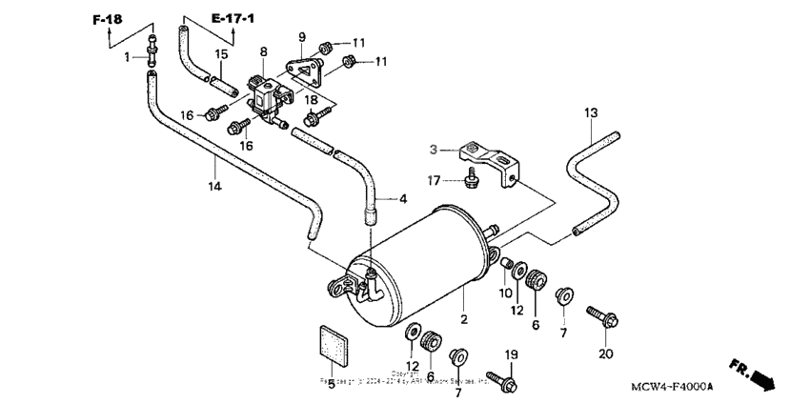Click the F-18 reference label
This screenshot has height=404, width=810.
click(107, 19)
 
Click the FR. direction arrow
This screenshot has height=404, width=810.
click(753, 374)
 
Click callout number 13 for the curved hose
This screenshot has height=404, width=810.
click(591, 113)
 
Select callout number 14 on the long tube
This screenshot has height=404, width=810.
click(215, 187)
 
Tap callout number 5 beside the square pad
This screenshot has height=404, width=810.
click(332, 384)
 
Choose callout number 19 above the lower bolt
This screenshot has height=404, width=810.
click(511, 355)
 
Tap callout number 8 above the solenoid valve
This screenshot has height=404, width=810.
click(263, 51)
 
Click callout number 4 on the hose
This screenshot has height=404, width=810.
click(403, 199)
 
